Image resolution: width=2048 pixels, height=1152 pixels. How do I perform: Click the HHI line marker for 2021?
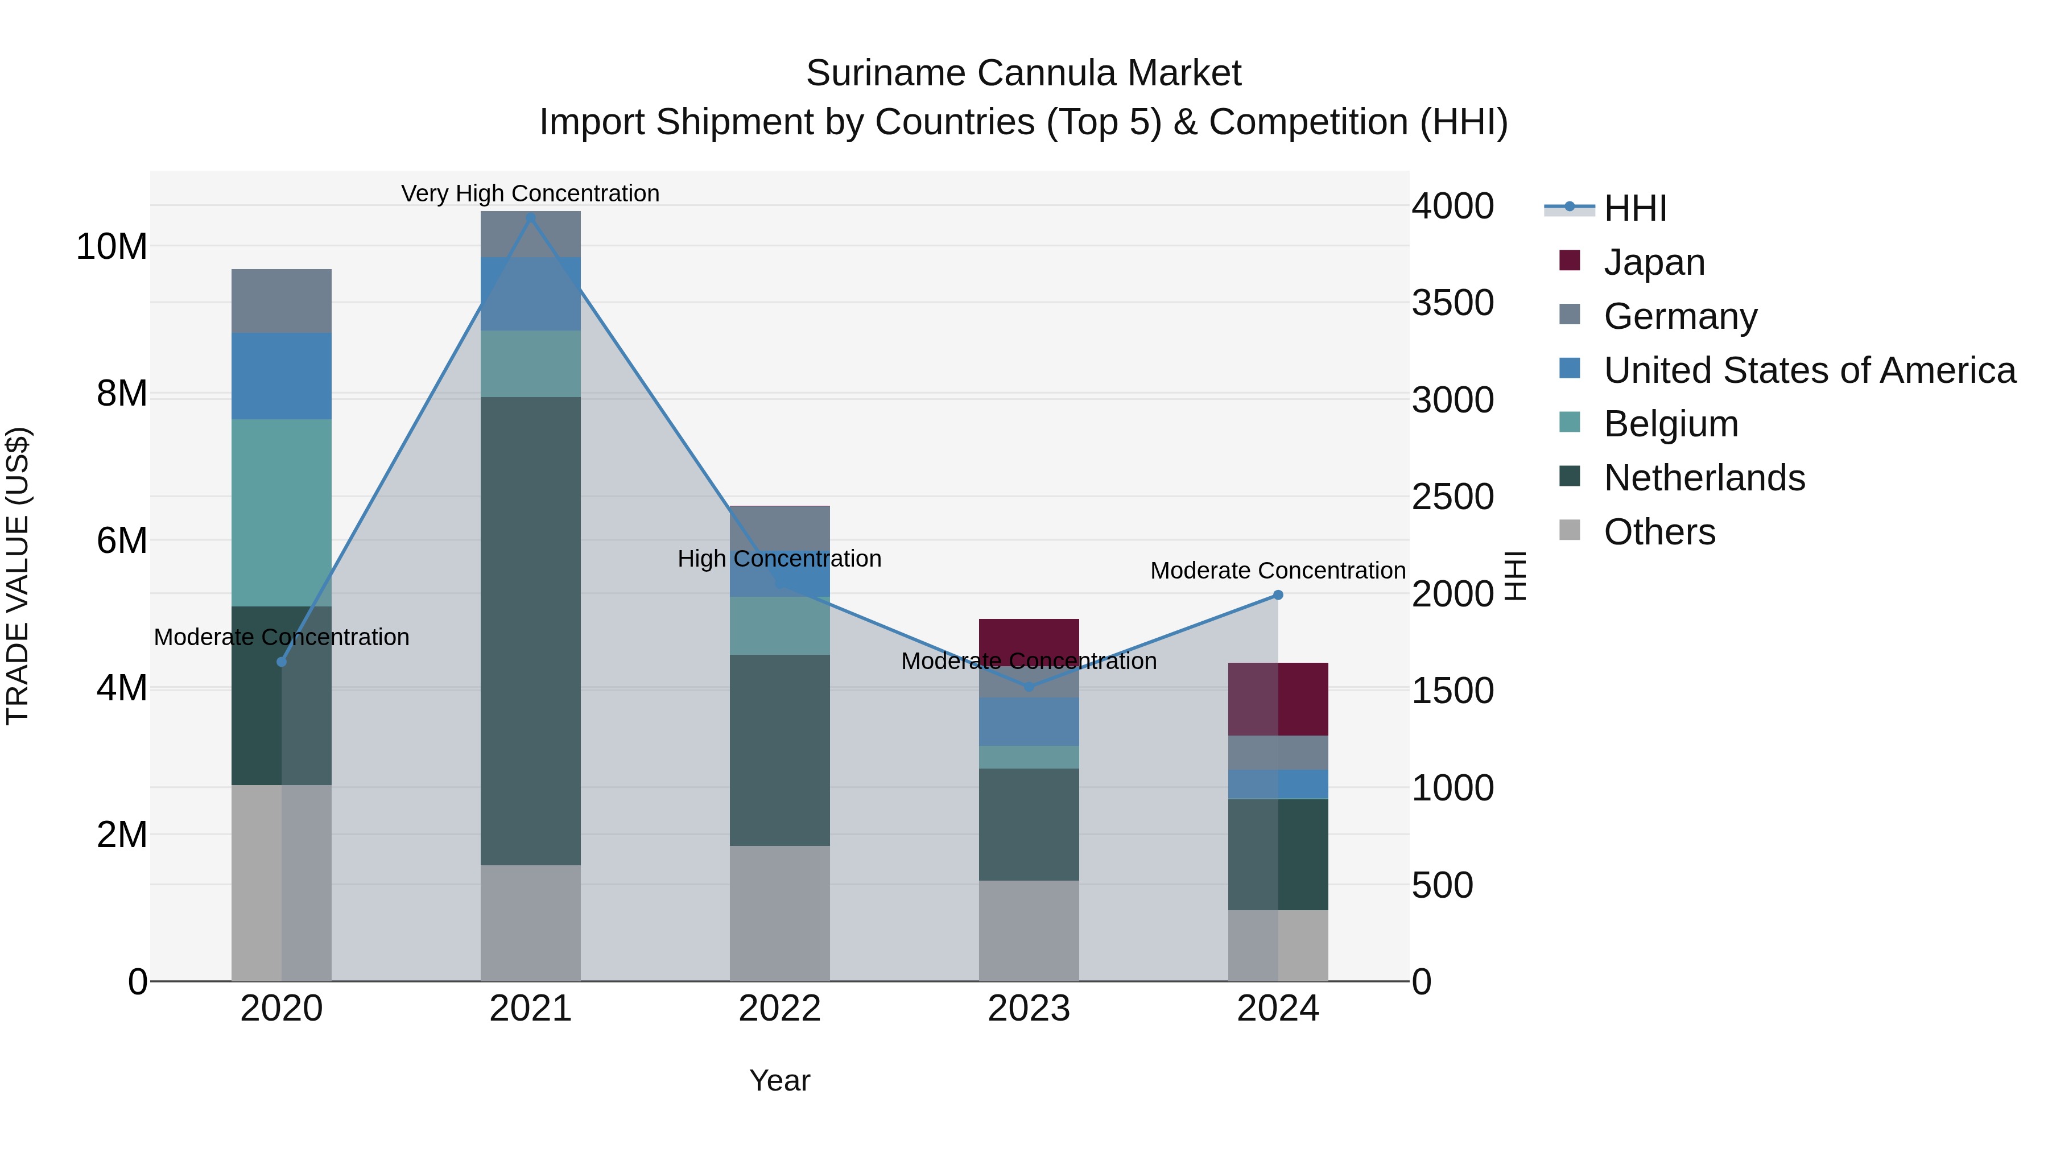pos(531,217)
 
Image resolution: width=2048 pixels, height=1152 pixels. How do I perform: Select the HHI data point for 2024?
pos(1278,594)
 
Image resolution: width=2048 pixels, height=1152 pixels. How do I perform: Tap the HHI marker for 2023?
pos(1029,687)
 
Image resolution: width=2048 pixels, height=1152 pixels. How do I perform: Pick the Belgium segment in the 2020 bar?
pos(282,513)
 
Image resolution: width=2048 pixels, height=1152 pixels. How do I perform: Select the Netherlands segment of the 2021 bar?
pos(531,630)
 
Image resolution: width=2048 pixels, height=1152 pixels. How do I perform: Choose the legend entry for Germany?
pos(1680,316)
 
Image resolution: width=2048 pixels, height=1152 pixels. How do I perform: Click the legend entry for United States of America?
pos(1808,370)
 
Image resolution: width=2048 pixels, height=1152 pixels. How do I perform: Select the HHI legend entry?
pos(1634,208)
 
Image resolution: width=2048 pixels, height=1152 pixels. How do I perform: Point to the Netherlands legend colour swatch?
pos(1570,477)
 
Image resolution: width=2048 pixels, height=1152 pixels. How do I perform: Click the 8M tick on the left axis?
pos(122,394)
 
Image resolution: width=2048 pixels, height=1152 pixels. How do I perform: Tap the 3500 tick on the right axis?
pos(1452,303)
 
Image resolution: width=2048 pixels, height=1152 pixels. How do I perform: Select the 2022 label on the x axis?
pos(780,1009)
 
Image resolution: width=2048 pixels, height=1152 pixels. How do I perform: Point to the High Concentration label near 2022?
pos(779,559)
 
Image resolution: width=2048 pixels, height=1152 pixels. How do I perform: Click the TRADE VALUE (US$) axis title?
pos(18,576)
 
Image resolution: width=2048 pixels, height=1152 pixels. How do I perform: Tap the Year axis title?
pos(779,1080)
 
